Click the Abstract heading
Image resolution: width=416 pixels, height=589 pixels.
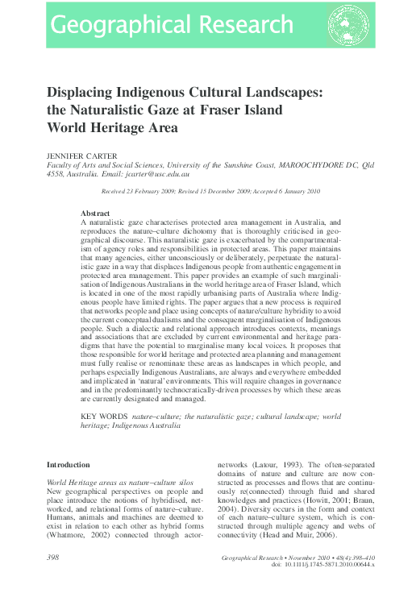point(96,213)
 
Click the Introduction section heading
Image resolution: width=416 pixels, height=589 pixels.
point(69,465)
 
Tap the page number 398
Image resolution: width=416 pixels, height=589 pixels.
point(54,558)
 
